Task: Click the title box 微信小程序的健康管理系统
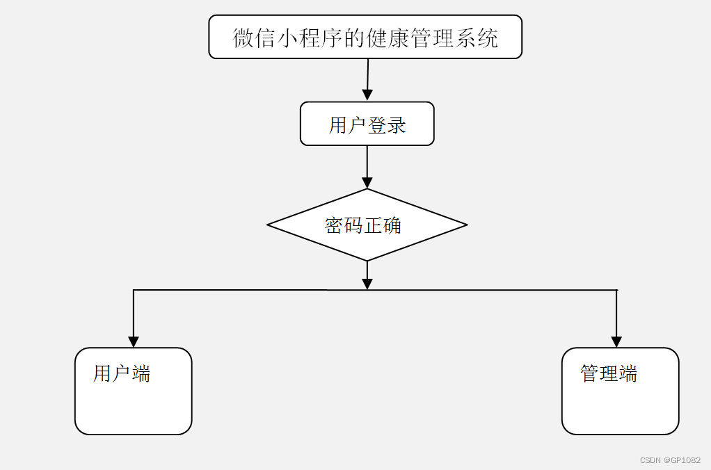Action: [365, 37]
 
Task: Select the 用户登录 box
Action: [367, 124]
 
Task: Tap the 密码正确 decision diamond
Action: [367, 225]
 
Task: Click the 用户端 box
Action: [133, 391]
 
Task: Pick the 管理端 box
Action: [620, 391]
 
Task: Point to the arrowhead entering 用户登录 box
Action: [367, 95]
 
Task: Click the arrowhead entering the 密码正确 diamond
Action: [367, 182]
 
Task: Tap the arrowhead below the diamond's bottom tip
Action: [367, 283]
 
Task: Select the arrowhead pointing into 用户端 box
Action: [134, 341]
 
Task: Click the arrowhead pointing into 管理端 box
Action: [616, 341]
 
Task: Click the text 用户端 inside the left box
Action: [122, 373]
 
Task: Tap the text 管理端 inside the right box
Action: [609, 373]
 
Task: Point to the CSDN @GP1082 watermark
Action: [670, 460]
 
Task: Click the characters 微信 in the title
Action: [253, 38]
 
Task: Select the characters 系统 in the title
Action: [477, 38]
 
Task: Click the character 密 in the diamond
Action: [334, 225]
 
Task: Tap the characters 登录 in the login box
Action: [387, 125]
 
